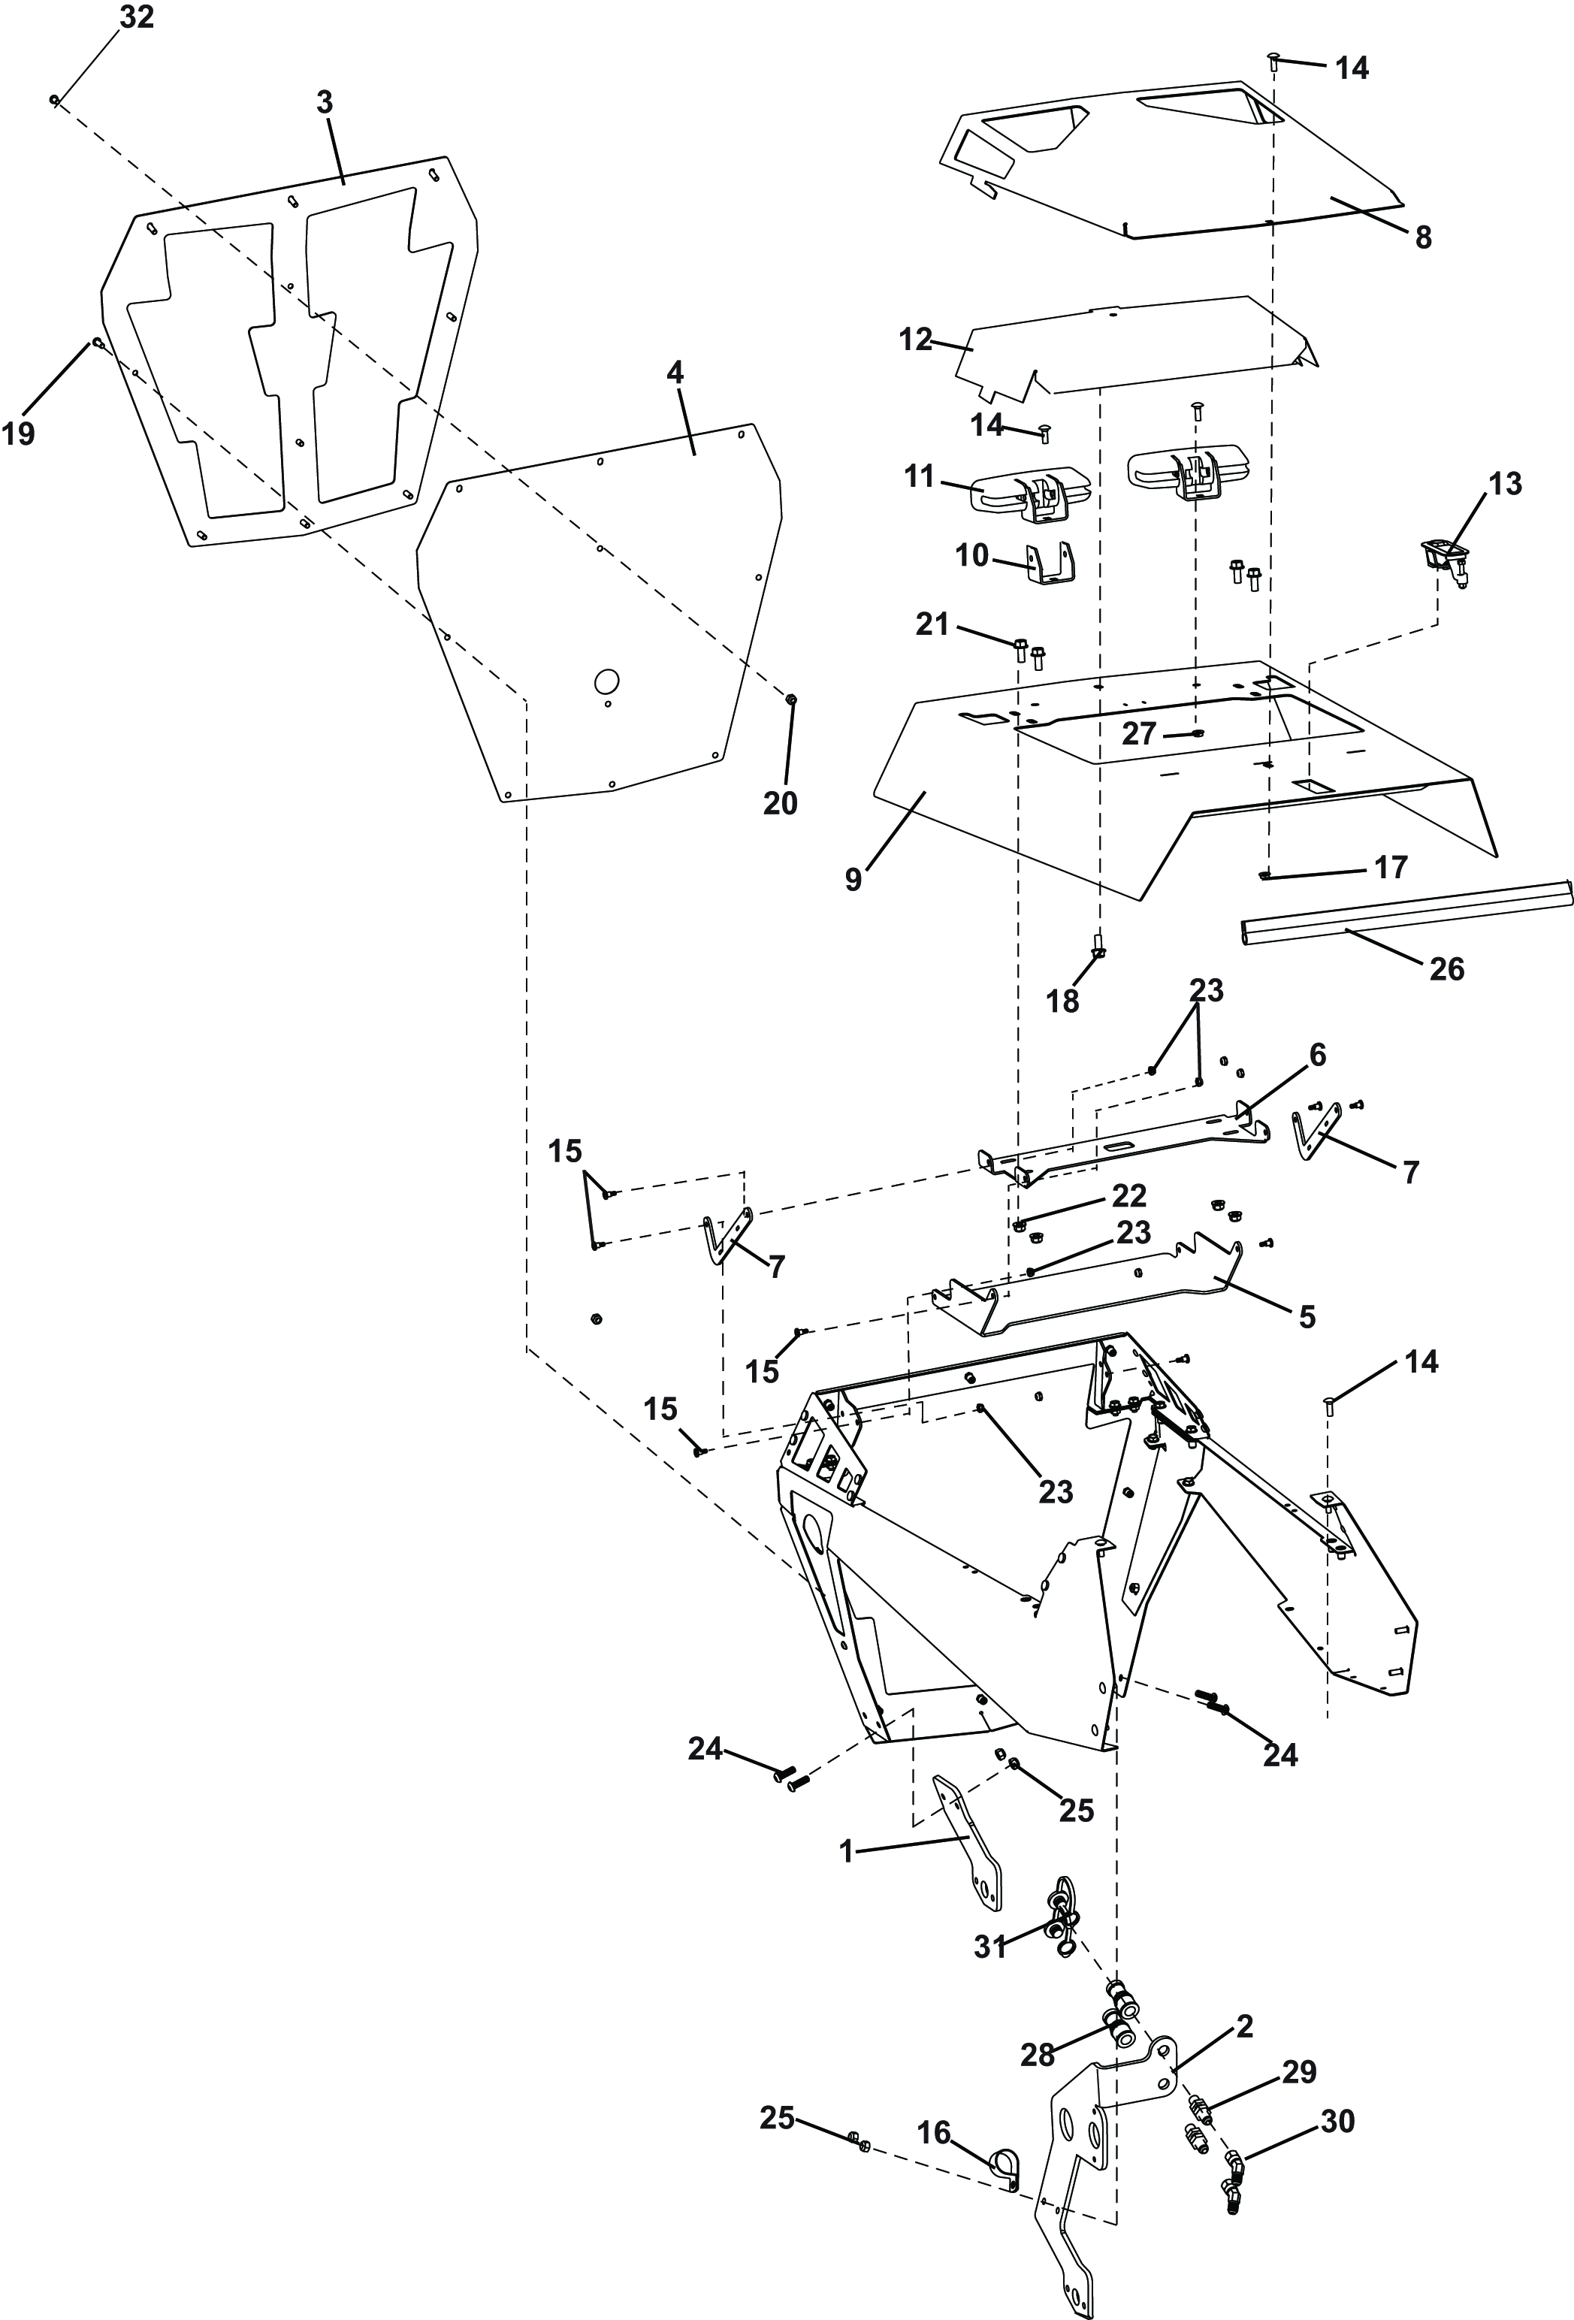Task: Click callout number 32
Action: (x=137, y=18)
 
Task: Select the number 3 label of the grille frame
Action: (x=325, y=103)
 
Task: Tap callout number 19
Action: (x=18, y=433)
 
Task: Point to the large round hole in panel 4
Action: (x=606, y=681)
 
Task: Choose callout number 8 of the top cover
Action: (x=1422, y=237)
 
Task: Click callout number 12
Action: (x=914, y=340)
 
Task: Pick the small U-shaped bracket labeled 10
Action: (x=1050, y=565)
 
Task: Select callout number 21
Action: (x=932, y=625)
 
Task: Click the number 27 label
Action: (x=1139, y=734)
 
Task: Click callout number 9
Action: (x=853, y=880)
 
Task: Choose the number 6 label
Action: (x=1318, y=1055)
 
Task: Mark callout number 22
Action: (x=1129, y=1195)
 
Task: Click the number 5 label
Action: (x=1307, y=1317)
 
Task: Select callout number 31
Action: (x=990, y=1947)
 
